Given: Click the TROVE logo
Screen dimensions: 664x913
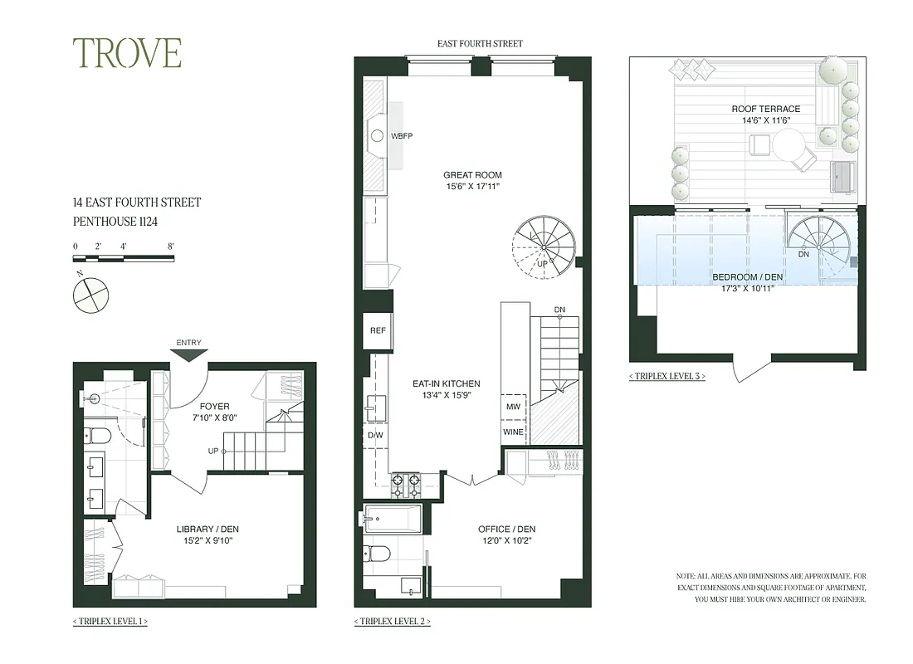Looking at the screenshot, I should tap(127, 53).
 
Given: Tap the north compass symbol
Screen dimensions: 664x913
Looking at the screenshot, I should tap(90, 295).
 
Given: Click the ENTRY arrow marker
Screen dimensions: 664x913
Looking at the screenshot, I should tap(189, 354).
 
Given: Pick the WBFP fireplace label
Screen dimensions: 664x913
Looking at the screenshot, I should tap(402, 135).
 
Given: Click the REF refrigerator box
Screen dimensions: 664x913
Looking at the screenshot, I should tap(378, 330).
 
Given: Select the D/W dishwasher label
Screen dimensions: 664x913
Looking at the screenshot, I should tap(375, 435).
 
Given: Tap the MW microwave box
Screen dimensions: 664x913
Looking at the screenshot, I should tap(513, 407).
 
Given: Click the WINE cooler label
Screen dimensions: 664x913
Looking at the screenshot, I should tap(513, 432).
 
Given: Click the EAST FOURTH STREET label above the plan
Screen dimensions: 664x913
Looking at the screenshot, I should tap(481, 43).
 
